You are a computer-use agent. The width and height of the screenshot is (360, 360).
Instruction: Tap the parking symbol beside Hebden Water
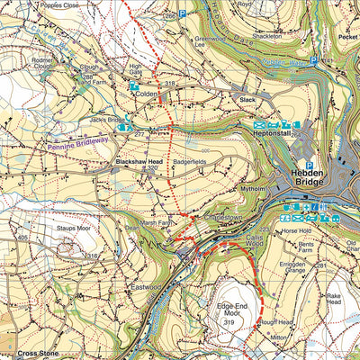point(313,61)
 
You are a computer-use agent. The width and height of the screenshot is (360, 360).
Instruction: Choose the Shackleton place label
point(267,36)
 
